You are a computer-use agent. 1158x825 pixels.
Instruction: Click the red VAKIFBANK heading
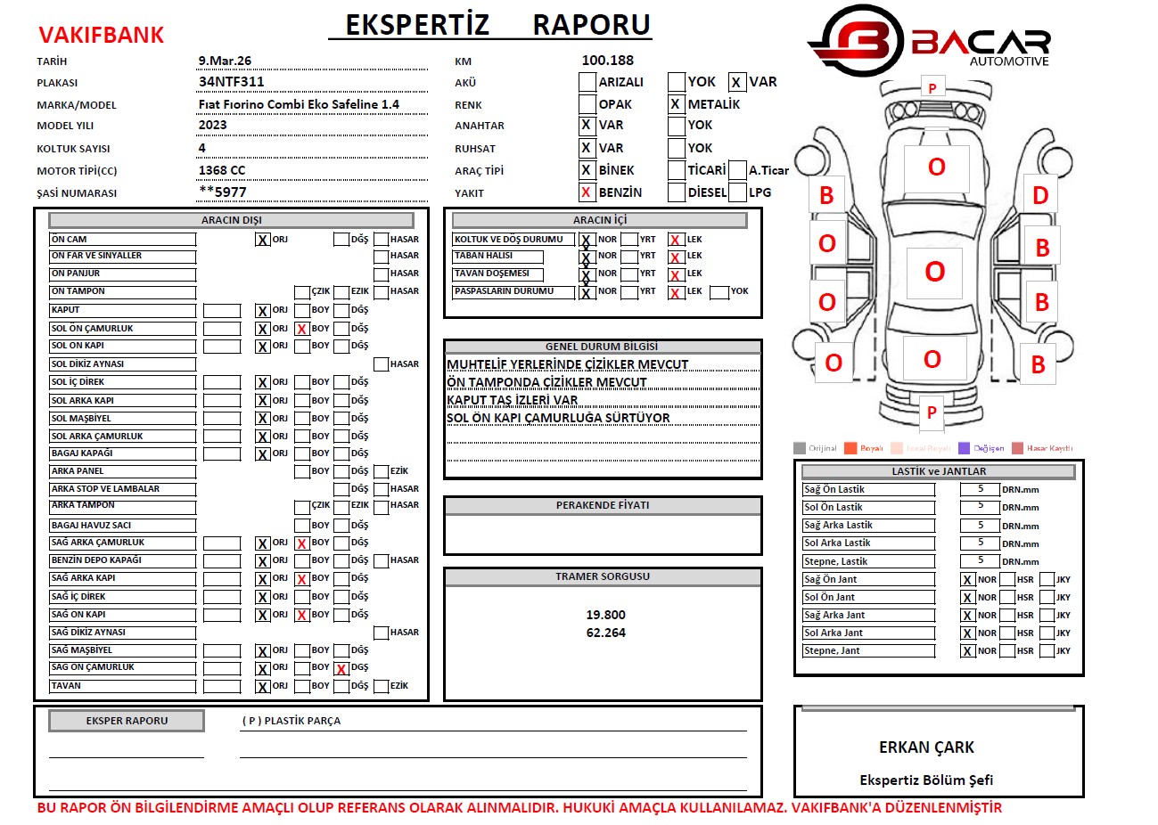pyautogui.click(x=102, y=36)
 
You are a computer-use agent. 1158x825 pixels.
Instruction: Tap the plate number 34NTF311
pyautogui.click(x=231, y=82)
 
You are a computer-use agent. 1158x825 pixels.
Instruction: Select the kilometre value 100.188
pyautogui.click(x=607, y=61)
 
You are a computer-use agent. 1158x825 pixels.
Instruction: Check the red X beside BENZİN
pyautogui.click(x=586, y=192)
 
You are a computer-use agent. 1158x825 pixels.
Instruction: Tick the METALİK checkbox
pyautogui.click(x=676, y=104)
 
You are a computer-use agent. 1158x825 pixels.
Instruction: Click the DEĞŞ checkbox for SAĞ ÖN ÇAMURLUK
pyautogui.click(x=341, y=668)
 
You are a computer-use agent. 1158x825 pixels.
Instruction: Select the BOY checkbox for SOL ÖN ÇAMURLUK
pyautogui.click(x=302, y=329)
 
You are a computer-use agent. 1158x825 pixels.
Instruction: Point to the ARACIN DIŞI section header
pyautogui.click(x=231, y=220)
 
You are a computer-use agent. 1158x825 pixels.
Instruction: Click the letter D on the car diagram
pyautogui.click(x=1040, y=196)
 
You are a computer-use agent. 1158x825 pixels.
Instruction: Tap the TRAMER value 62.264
pyautogui.click(x=605, y=633)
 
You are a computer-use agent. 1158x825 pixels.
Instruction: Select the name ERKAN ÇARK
pyautogui.click(x=926, y=747)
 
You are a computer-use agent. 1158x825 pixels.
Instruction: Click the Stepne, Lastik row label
pyautogui.click(x=835, y=561)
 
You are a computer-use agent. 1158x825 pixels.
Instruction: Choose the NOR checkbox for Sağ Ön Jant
pyautogui.click(x=967, y=580)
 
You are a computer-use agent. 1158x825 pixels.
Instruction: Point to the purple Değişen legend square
pyautogui.click(x=964, y=448)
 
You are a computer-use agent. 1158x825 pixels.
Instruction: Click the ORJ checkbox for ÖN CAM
pyautogui.click(x=263, y=240)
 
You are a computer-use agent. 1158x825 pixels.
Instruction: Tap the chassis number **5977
pyautogui.click(x=223, y=192)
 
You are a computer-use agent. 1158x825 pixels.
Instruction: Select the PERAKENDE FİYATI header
pyautogui.click(x=603, y=505)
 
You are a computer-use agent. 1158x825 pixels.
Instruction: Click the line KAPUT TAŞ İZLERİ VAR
pyautogui.click(x=513, y=400)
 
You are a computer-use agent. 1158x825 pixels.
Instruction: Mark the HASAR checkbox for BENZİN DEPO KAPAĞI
pyautogui.click(x=382, y=561)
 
